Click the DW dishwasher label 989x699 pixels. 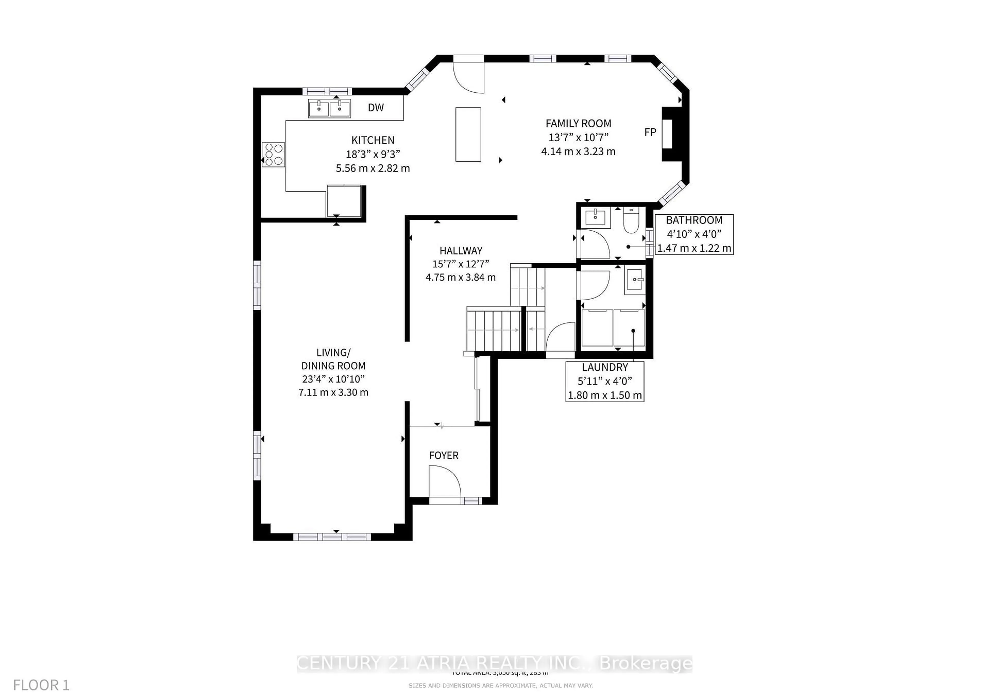(376, 108)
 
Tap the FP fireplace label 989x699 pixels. (650, 132)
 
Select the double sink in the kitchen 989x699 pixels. (329, 108)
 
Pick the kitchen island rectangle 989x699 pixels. (468, 134)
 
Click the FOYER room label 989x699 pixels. (444, 455)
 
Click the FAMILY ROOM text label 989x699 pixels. (578, 124)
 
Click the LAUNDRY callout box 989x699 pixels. (605, 381)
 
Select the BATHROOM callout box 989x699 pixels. (694, 234)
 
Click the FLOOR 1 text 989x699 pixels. (41, 685)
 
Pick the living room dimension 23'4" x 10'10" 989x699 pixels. (333, 379)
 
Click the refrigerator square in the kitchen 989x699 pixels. (344, 201)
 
